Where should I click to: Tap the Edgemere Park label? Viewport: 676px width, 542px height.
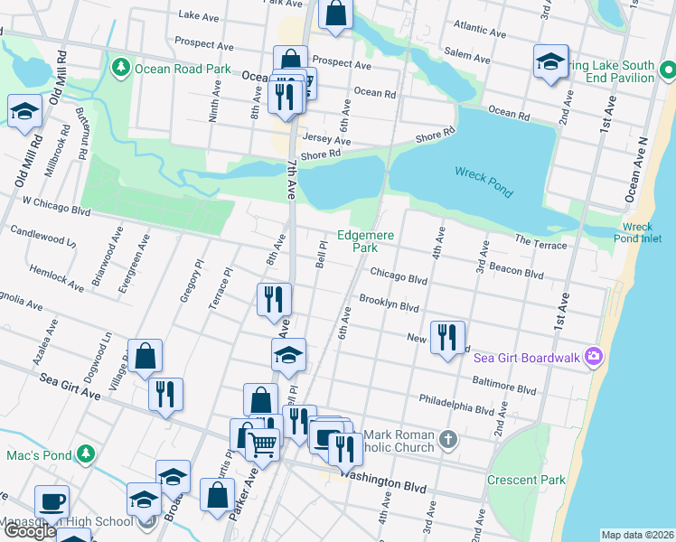coord(365,241)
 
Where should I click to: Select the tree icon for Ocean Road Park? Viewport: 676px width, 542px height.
coord(121,67)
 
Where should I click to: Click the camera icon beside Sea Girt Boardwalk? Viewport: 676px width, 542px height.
coord(593,356)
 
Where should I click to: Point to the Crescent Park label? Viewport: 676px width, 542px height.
coord(526,480)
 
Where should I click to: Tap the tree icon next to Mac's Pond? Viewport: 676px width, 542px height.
coord(85,453)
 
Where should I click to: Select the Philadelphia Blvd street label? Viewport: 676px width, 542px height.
coord(457,401)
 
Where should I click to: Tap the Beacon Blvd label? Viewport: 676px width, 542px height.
coord(515,269)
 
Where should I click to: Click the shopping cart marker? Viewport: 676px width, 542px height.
coord(262,444)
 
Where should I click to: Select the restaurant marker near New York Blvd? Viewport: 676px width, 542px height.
coord(447,337)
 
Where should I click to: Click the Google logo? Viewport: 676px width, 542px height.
coord(29,531)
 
